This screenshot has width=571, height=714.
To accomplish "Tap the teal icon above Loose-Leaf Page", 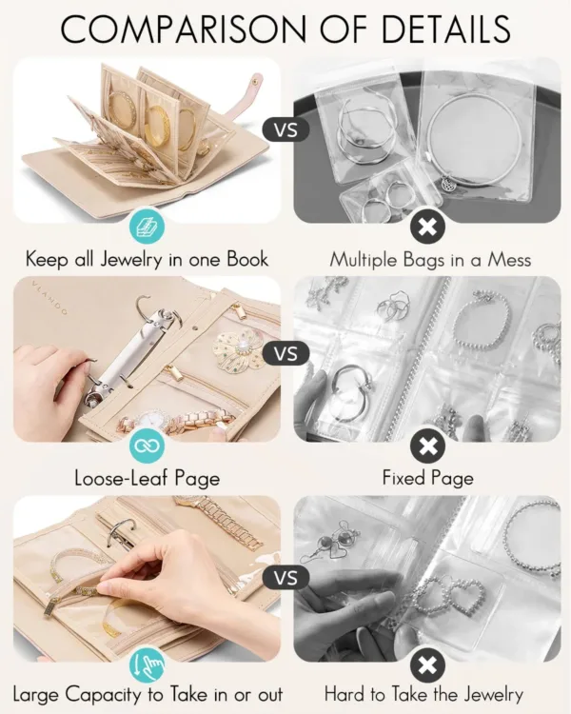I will click(x=148, y=445).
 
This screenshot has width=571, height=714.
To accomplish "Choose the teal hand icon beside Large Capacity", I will click(x=148, y=664).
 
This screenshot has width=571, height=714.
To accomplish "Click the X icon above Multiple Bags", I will click(x=427, y=227).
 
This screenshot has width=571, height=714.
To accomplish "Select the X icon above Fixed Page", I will click(x=427, y=445).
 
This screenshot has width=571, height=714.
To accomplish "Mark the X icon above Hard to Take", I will click(x=427, y=664).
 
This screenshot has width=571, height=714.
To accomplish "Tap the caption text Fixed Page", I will click(x=426, y=477).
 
